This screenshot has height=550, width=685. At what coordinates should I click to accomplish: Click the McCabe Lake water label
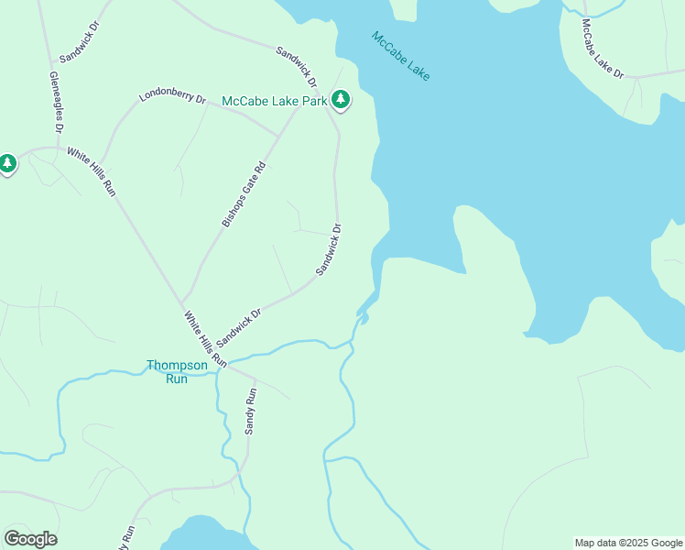(x=400, y=56)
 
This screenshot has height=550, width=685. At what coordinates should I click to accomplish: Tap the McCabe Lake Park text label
(x=274, y=101)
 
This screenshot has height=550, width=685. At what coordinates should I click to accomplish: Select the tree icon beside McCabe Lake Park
(x=341, y=98)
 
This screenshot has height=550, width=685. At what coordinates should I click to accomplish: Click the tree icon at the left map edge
(x=7, y=164)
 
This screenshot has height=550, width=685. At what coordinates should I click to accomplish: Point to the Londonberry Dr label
(x=172, y=96)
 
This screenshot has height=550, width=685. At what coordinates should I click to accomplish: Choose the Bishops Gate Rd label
(x=244, y=193)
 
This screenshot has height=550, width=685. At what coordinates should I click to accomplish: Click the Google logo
(x=30, y=539)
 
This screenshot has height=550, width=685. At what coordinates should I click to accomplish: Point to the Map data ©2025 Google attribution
(x=629, y=543)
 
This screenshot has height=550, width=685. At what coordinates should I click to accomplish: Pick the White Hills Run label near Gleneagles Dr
(x=92, y=172)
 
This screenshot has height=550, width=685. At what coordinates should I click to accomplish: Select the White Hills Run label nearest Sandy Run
(x=204, y=339)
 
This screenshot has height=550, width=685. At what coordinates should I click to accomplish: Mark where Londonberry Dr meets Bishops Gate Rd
(x=277, y=137)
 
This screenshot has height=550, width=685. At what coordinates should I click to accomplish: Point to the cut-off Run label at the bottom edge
(x=129, y=537)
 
